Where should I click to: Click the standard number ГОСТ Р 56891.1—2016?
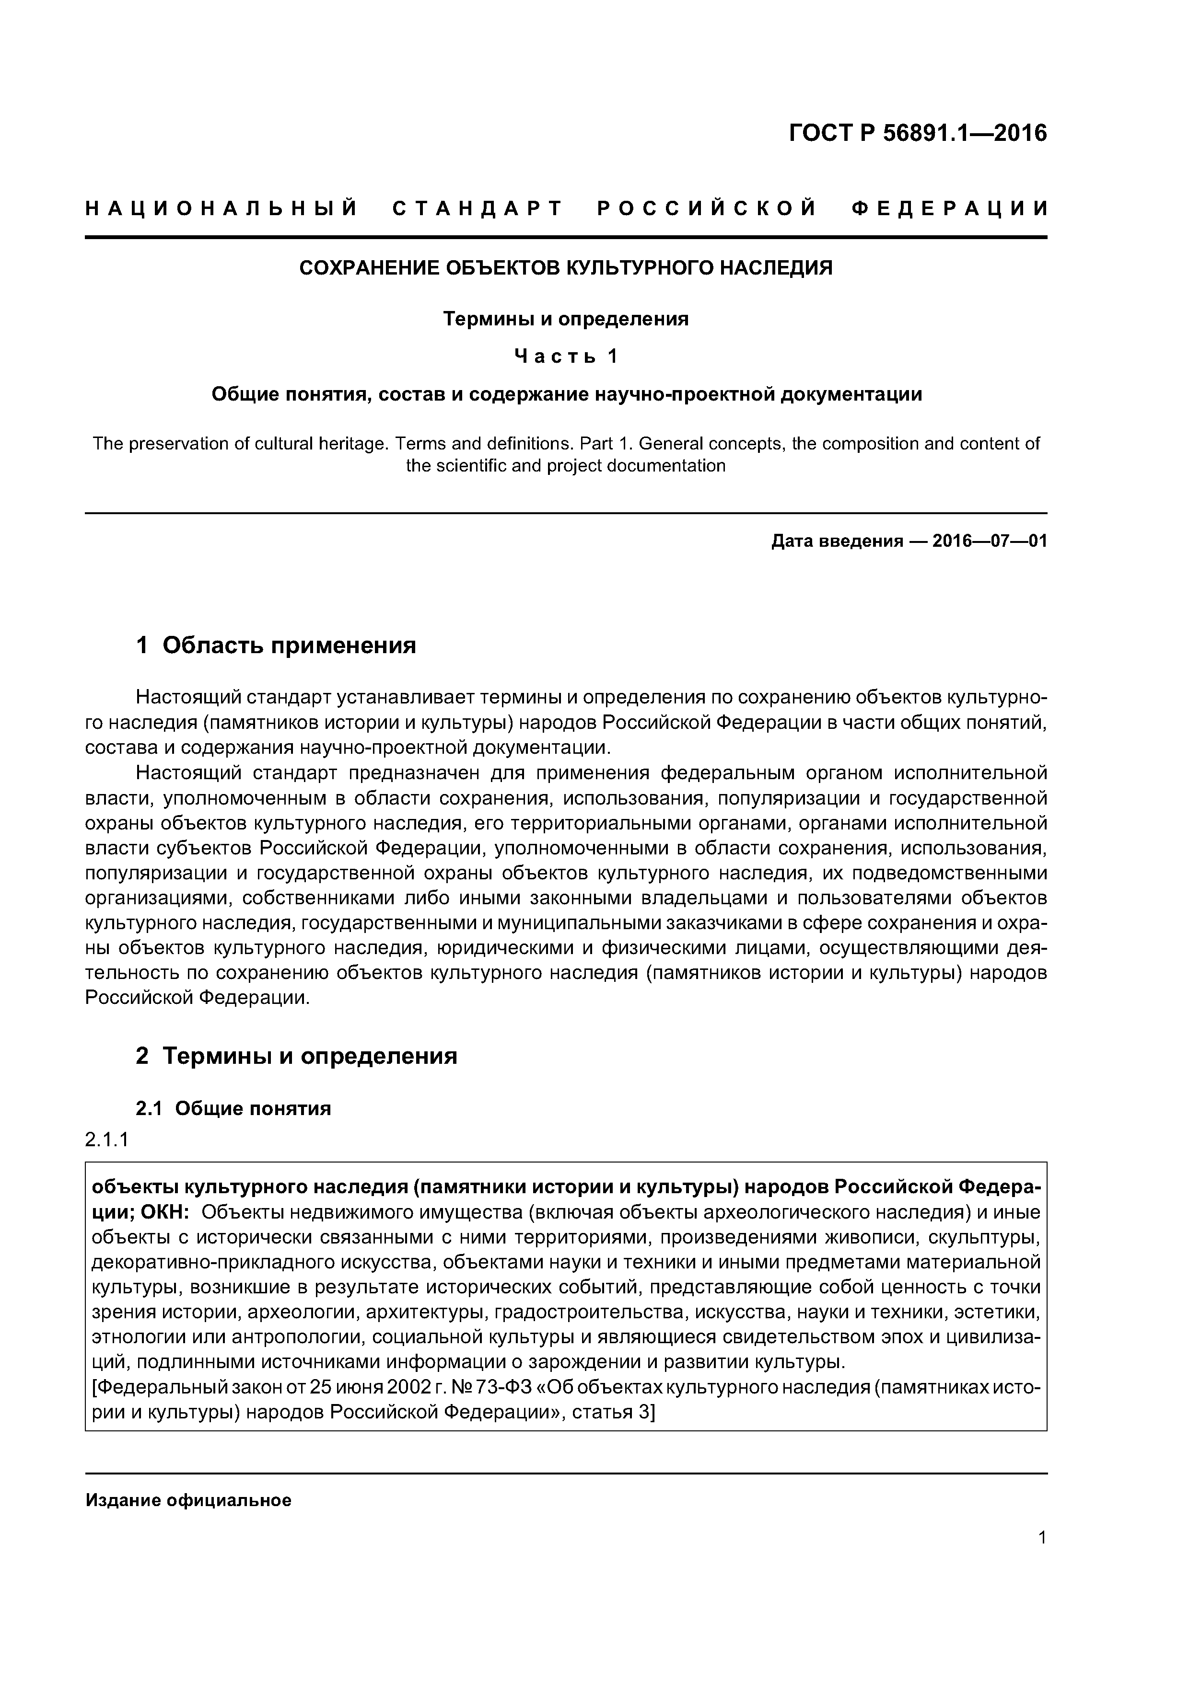tap(918, 133)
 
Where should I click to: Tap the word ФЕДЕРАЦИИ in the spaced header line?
tap(950, 209)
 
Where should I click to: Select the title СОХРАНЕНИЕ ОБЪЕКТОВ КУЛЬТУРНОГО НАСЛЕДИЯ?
tap(566, 268)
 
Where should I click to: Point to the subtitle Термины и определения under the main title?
tap(566, 319)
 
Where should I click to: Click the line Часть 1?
tap(566, 357)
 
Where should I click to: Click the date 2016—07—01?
tap(990, 542)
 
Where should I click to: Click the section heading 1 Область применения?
tap(276, 646)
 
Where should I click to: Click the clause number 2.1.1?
tap(107, 1140)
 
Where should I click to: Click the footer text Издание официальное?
tap(188, 1501)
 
